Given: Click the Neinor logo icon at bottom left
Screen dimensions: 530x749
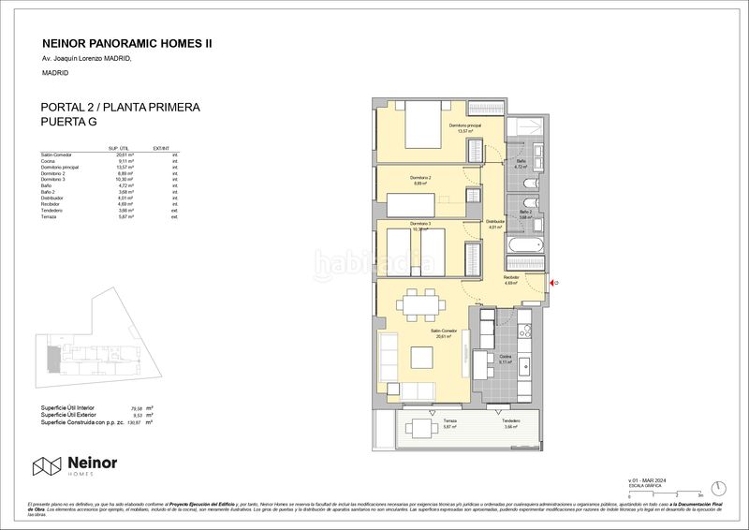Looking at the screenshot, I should pos(48,466).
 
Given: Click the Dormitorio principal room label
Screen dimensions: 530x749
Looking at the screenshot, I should pos(462,128).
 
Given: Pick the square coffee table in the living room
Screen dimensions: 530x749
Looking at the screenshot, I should pos(418,359).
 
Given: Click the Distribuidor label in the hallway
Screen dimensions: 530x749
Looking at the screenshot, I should pos(496,222).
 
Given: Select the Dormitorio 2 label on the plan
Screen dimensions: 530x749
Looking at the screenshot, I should pos(420,177).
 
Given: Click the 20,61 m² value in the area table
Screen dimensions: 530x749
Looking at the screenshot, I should pos(118,155).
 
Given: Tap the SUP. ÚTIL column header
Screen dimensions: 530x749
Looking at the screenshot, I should pos(119,148).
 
